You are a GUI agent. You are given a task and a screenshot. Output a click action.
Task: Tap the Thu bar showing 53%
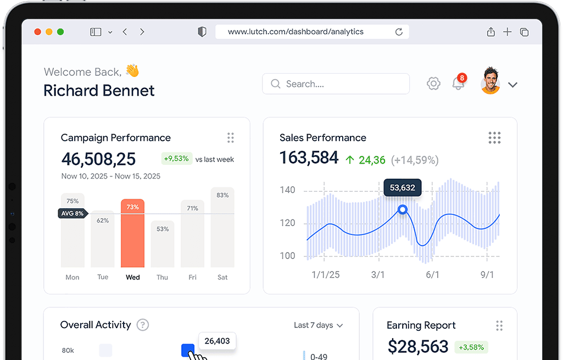pyautogui.click(x=163, y=244)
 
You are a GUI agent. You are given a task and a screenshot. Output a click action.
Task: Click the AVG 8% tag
pyautogui.click(x=73, y=213)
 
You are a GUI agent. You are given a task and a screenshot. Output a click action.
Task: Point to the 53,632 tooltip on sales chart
pyautogui.click(x=402, y=187)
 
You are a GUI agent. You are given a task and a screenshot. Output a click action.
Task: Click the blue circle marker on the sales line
pyautogui.click(x=403, y=209)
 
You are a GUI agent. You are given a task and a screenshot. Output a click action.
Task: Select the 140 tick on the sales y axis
pyautogui.click(x=287, y=190)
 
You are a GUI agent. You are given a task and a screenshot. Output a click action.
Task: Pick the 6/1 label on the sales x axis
pyautogui.click(x=432, y=274)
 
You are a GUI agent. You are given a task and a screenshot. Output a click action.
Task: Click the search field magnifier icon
pyautogui.click(x=275, y=84)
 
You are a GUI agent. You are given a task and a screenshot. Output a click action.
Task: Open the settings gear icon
pyautogui.click(x=433, y=84)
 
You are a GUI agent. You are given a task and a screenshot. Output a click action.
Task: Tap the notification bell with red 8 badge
pyautogui.click(x=458, y=83)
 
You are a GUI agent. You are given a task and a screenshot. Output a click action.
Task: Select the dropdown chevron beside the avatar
pyautogui.click(x=512, y=85)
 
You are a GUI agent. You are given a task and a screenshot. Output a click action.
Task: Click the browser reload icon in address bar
pyautogui.click(x=399, y=32)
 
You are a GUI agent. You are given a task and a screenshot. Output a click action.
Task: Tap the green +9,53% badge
pyautogui.click(x=176, y=159)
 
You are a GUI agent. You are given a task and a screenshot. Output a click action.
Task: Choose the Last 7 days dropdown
pyautogui.click(x=318, y=325)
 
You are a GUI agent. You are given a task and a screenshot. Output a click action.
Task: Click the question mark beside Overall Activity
pyautogui.click(x=143, y=325)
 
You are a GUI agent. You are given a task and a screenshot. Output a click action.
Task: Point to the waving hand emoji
pyautogui.click(x=132, y=71)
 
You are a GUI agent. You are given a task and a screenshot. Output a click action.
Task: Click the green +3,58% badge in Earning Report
pyautogui.click(x=471, y=347)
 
